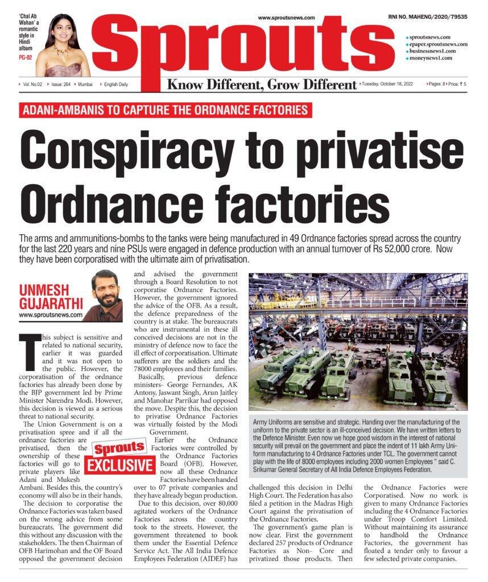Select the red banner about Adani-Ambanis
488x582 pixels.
pos(165,110)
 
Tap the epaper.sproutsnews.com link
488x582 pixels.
pos(438,44)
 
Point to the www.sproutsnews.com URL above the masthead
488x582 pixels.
pos(286,18)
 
